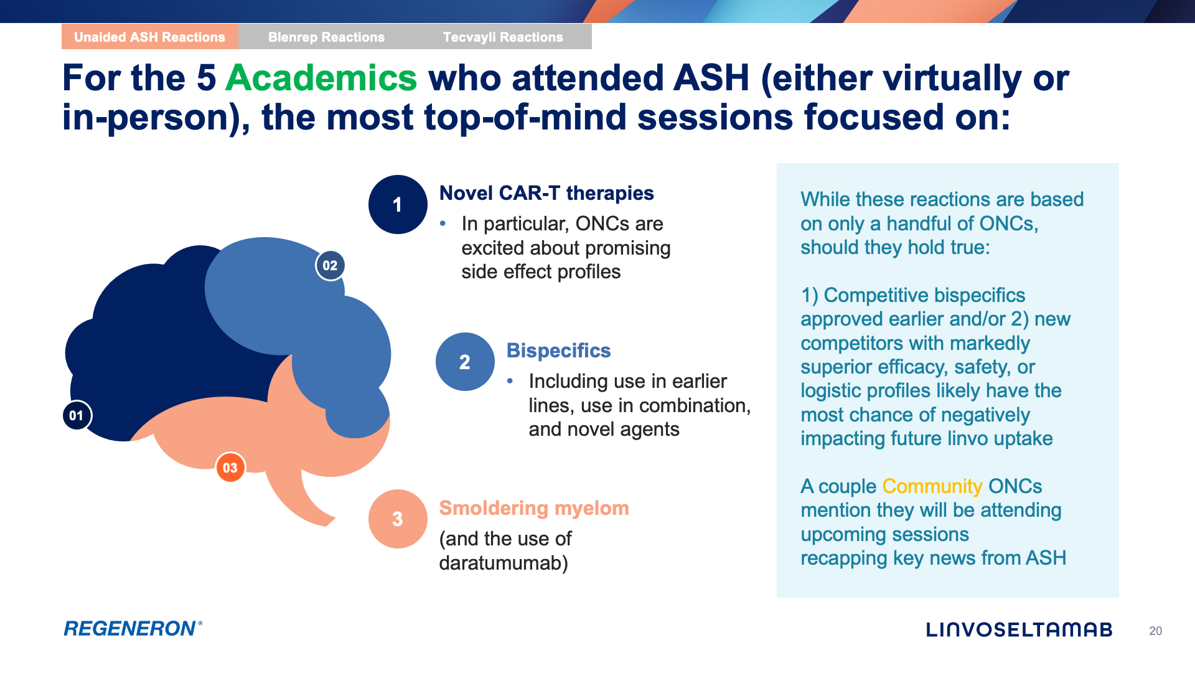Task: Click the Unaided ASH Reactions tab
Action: click(x=150, y=37)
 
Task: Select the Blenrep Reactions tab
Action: click(x=327, y=37)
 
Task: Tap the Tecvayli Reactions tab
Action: click(x=503, y=37)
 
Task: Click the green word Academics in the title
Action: click(x=321, y=78)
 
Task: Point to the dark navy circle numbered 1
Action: click(x=398, y=205)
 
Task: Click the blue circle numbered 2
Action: click(x=465, y=362)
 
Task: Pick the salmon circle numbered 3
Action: click(x=398, y=519)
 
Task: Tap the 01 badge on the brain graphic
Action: click(x=77, y=415)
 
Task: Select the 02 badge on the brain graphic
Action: click(x=330, y=266)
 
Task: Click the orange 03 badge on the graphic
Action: click(x=230, y=468)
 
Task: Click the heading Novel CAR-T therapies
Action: click(x=546, y=193)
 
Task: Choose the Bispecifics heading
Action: click(x=558, y=351)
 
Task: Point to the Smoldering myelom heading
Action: click(x=534, y=508)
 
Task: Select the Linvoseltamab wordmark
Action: click(x=1019, y=630)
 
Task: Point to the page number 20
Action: click(x=1156, y=631)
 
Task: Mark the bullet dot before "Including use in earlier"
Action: click(x=510, y=381)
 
